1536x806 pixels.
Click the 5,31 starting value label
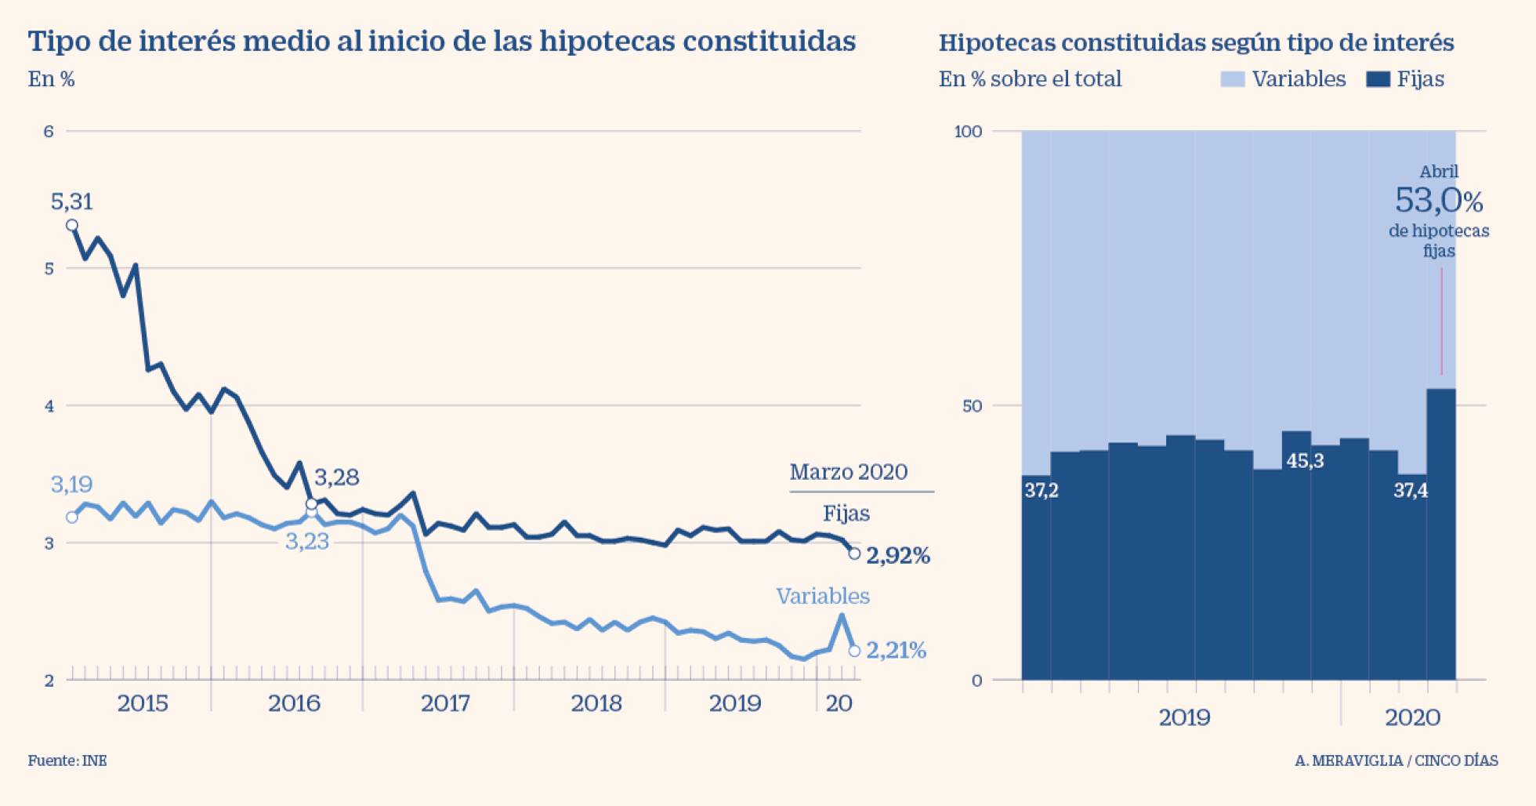[x=71, y=202]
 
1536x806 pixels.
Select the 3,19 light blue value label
[x=71, y=485]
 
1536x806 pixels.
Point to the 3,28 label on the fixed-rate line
[x=336, y=477]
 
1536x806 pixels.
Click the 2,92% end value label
[x=898, y=556]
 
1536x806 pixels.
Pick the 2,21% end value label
[x=896, y=650]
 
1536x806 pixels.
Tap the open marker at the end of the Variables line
[x=854, y=651]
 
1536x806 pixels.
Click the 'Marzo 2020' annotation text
[x=848, y=472]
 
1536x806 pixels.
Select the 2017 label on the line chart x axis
[x=445, y=703]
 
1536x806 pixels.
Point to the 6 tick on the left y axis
[x=49, y=131]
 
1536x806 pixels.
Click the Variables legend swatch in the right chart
[x=1232, y=79]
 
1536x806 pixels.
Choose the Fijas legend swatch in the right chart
[x=1378, y=79]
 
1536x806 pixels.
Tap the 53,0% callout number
[x=1438, y=201]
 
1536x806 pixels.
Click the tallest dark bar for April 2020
[x=1440, y=533]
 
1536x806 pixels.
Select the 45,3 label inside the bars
[x=1305, y=461]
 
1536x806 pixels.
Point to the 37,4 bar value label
[x=1411, y=491]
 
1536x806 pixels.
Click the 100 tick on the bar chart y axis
[x=968, y=131]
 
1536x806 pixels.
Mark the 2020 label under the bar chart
[x=1412, y=717]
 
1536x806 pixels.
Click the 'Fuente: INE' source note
[x=67, y=761]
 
